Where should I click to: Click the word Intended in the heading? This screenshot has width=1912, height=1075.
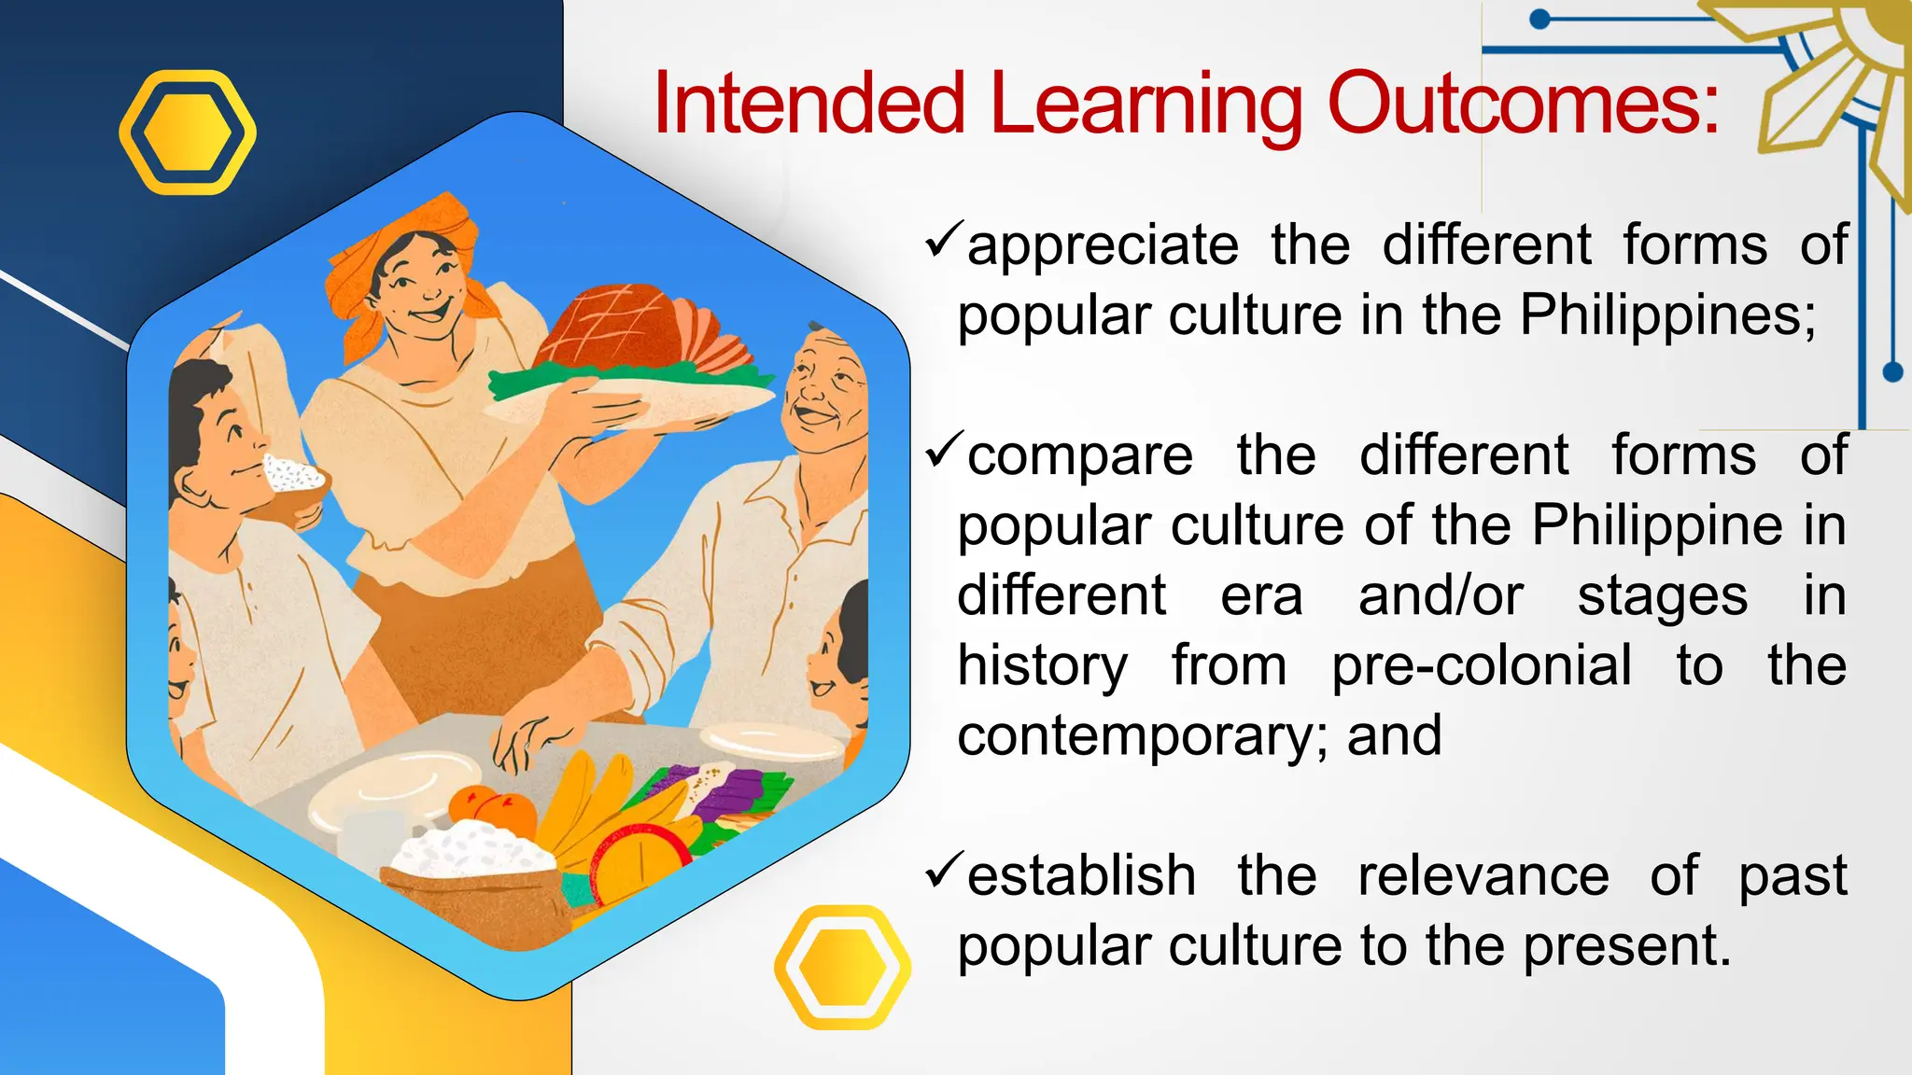[x=808, y=103]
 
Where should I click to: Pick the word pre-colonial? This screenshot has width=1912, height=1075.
[x=1482, y=665]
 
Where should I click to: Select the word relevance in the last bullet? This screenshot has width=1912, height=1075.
[x=1483, y=876]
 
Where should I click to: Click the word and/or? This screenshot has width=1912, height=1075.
[x=1441, y=595]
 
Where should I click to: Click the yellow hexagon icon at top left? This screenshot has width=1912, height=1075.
[x=188, y=133]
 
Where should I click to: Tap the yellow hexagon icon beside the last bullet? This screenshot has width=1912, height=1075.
[x=842, y=968]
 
